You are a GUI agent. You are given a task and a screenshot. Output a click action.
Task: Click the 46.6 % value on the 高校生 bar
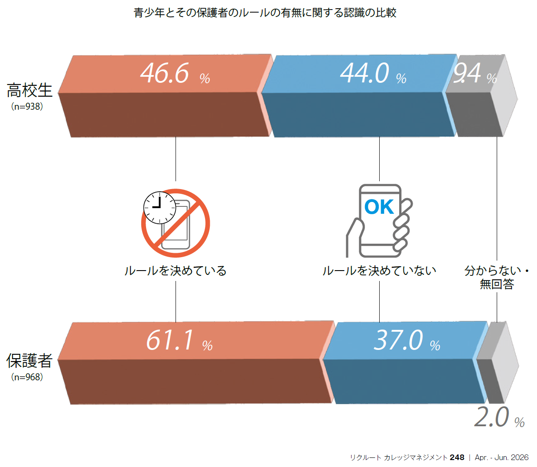(x=175, y=73)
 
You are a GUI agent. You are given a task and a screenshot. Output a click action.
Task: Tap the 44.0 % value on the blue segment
(x=373, y=73)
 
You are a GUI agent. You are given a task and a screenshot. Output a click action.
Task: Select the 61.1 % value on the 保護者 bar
(x=179, y=340)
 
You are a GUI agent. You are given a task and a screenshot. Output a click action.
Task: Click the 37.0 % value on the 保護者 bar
(x=407, y=340)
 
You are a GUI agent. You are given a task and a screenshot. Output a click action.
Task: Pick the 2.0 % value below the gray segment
(x=499, y=418)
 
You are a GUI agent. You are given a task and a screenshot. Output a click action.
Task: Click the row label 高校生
(x=29, y=91)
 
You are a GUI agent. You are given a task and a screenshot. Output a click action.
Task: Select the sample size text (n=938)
(x=27, y=107)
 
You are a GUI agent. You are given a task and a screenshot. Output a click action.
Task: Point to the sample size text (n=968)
(x=27, y=377)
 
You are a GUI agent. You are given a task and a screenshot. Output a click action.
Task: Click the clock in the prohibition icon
(x=159, y=207)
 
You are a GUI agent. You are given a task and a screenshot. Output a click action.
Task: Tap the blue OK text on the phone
(x=379, y=207)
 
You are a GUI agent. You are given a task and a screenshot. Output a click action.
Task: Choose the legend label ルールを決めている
(x=175, y=271)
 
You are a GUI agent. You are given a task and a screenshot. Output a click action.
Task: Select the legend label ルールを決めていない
(x=379, y=271)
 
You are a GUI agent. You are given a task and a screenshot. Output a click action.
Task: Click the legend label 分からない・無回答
(x=497, y=278)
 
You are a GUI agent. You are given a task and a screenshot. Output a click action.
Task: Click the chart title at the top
(x=265, y=13)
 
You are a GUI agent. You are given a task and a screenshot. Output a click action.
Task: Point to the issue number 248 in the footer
(x=457, y=457)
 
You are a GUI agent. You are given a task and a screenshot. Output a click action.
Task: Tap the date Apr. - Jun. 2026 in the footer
(x=501, y=457)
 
